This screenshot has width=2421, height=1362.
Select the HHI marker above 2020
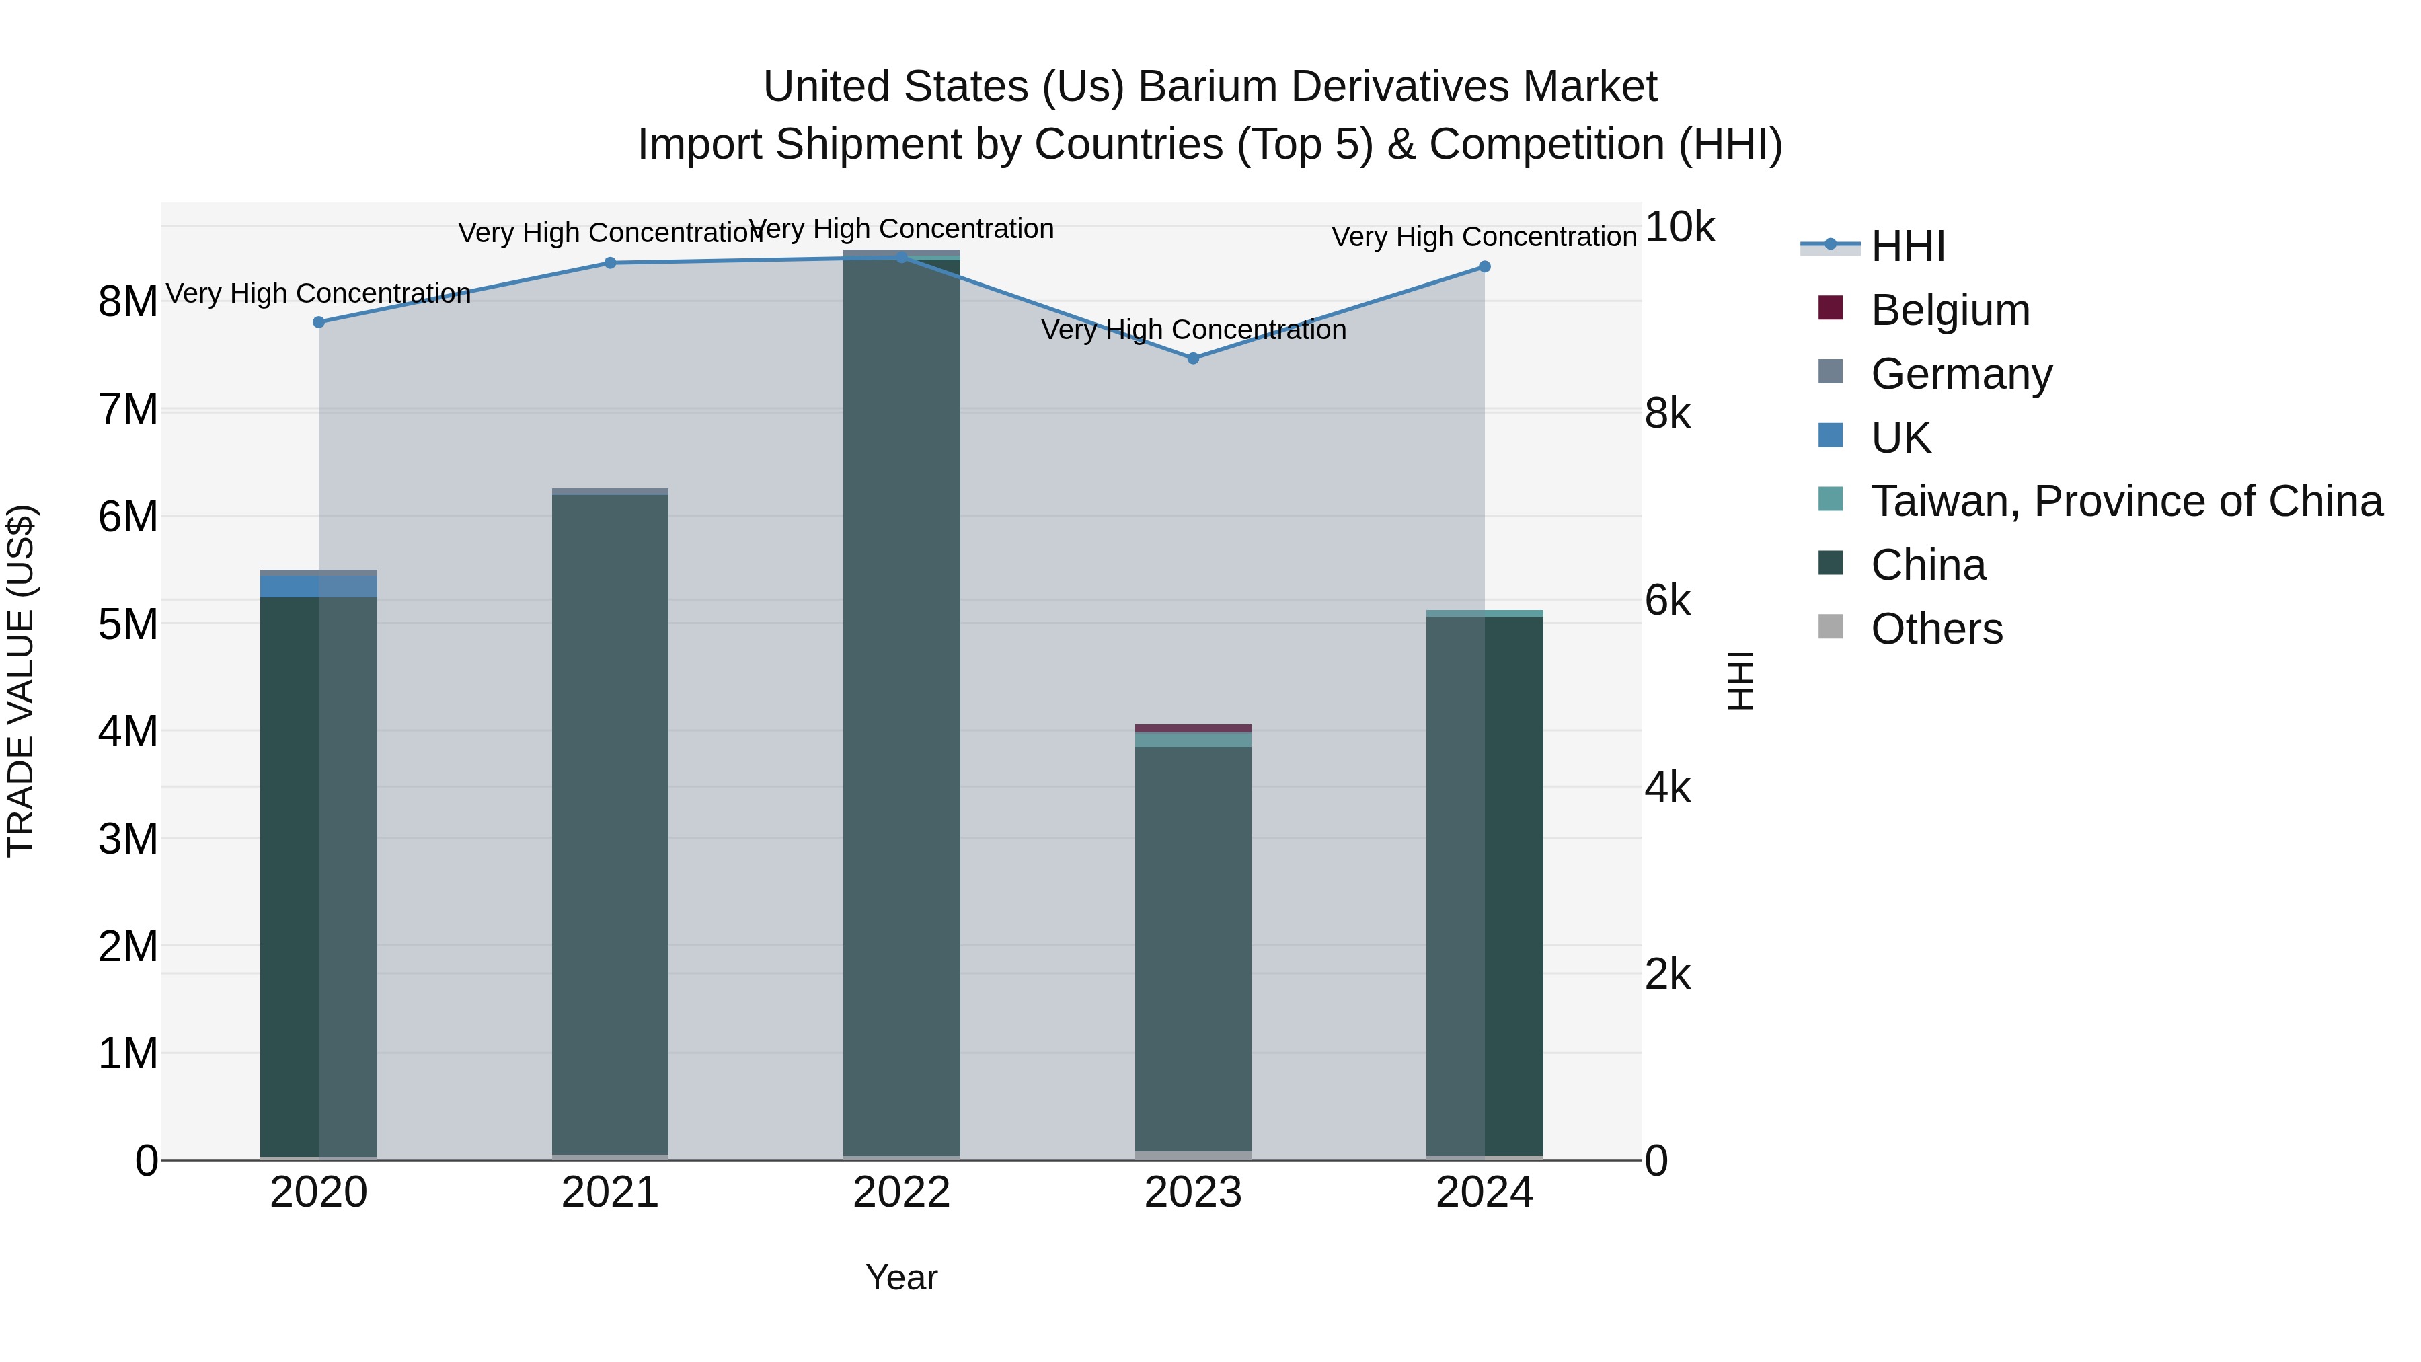[319, 322]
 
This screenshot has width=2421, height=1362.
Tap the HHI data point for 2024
[1484, 267]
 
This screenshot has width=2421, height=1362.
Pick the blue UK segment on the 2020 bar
[319, 587]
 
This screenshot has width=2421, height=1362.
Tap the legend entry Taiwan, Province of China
[2126, 501]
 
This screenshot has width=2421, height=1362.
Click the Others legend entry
[1936, 629]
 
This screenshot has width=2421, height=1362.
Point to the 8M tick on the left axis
[128, 302]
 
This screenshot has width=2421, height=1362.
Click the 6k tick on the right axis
[1667, 601]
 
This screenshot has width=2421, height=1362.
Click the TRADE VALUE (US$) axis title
[21, 681]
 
